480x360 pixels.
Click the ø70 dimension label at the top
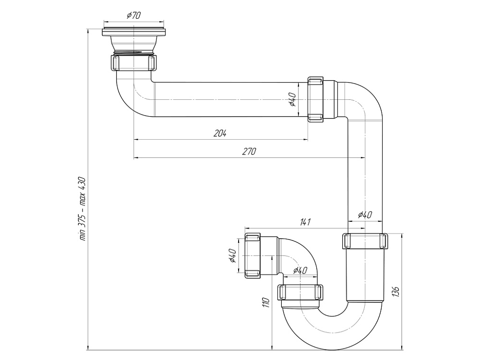click(133, 15)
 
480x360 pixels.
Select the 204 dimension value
click(220, 133)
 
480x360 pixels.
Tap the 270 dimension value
click(249, 152)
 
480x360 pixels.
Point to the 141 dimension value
click(306, 222)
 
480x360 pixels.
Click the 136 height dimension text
click(396, 292)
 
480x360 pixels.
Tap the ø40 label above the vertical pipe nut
click(365, 215)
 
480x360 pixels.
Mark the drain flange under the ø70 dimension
click(134, 33)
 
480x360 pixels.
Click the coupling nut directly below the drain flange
click(134, 63)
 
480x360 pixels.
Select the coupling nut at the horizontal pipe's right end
click(315, 99)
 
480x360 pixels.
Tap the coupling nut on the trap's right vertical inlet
click(365, 240)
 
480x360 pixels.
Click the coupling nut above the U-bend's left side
click(300, 292)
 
